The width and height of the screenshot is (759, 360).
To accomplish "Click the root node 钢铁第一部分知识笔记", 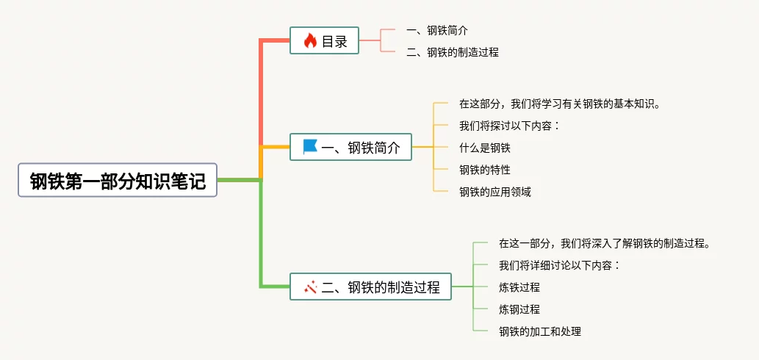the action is pos(118,180).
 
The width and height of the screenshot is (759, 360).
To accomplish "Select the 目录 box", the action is pos(324,40).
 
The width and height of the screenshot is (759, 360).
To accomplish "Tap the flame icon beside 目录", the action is pos(310,40).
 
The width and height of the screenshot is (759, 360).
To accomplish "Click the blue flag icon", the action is pos(310,147).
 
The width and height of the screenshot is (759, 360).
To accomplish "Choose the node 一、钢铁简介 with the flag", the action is pos(351,147).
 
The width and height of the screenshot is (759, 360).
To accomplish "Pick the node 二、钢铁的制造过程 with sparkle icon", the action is pos(370,287).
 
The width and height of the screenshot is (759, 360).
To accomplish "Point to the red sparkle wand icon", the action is pos(310,287).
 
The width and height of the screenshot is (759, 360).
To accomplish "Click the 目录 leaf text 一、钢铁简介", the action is pos(437,30).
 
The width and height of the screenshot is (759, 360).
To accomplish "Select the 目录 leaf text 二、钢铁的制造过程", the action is pos(453,52).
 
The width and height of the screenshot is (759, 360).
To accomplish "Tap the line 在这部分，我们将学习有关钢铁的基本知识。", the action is pos(560,104).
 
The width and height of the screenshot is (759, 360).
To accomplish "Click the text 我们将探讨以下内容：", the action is pos(509,126).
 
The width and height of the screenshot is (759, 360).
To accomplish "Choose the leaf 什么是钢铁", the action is pos(484,148).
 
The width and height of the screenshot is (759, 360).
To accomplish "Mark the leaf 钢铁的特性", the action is pos(484,170).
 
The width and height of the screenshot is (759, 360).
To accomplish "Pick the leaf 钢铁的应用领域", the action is pos(495,192).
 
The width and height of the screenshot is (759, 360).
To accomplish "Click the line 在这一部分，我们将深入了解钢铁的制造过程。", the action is pos(605,243).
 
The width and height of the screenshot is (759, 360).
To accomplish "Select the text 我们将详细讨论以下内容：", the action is pos(559,265).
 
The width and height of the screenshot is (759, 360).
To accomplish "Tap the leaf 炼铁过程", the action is pos(519,287).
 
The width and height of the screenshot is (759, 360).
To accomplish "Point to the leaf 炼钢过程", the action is pos(519,309).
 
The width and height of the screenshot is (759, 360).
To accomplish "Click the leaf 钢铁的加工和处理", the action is pos(540,331).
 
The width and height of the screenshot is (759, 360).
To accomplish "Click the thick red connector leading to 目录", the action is pos(262,92).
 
